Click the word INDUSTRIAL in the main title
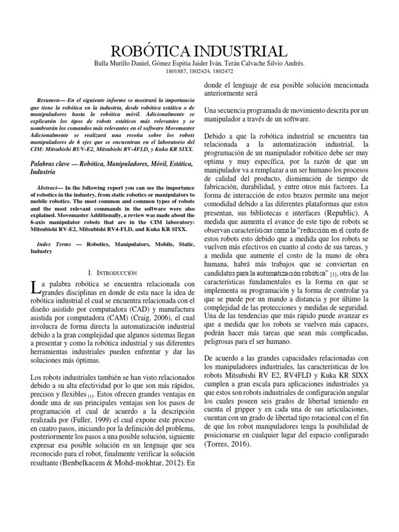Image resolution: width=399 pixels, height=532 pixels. [x=242, y=52]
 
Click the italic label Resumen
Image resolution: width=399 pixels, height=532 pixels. [x=50, y=98]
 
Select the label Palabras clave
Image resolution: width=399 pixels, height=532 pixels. [x=54, y=164]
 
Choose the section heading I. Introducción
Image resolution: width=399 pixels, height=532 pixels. [x=112, y=272]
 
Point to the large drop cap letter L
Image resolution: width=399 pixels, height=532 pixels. [x=35, y=287]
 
